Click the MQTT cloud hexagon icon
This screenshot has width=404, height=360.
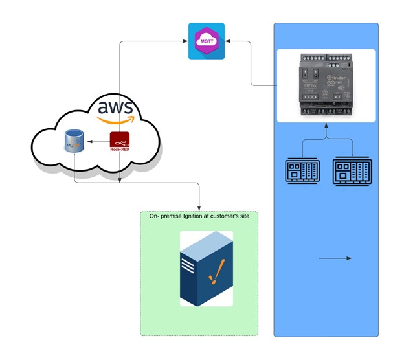tap(207, 41)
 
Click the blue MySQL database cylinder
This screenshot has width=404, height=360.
tap(74, 141)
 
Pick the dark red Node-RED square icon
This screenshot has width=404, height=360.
tap(119, 139)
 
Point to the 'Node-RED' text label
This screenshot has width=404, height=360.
tap(120, 150)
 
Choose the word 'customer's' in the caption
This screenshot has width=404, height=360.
tap(227, 217)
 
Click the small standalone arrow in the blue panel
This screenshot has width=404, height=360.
tap(335, 258)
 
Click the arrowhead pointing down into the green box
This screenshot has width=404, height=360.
tap(199, 207)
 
